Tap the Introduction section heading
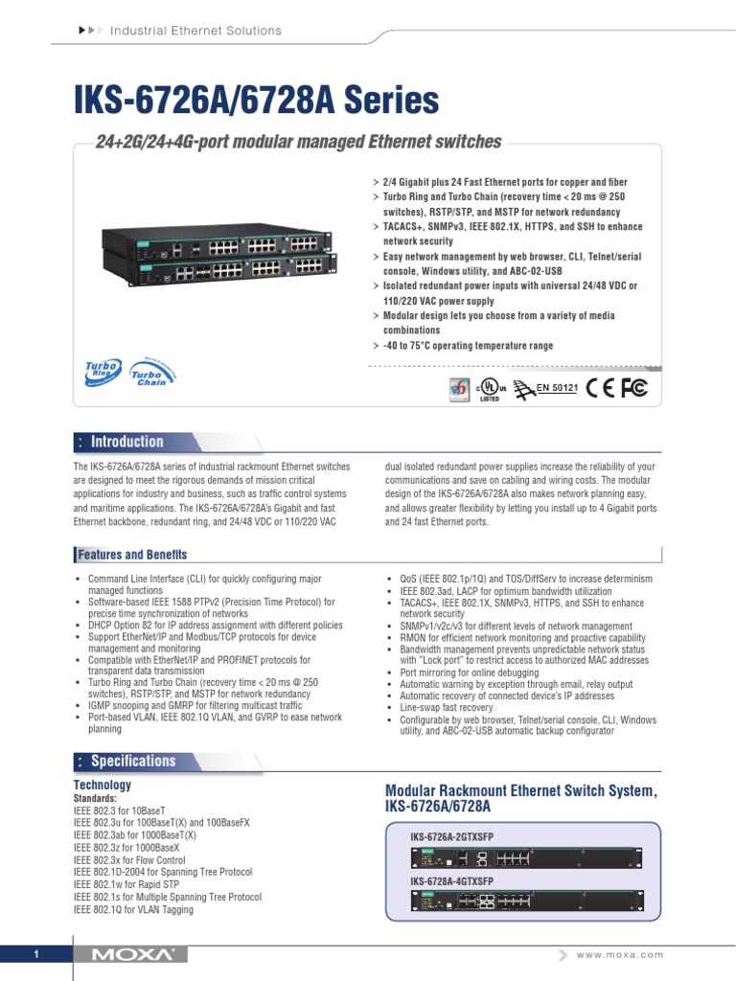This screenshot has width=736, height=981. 126,442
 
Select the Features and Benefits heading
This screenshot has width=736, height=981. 132,555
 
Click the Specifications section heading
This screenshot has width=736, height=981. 132,761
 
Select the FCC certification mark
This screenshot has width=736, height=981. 634,387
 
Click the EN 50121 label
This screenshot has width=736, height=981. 556,388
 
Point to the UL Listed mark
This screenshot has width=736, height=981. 490,389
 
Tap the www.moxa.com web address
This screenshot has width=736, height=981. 620,955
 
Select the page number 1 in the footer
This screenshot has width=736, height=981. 35,955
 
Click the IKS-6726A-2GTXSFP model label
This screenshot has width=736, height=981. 451,836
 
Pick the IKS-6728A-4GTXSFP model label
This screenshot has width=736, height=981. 451,880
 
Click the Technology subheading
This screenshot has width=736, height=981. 103,785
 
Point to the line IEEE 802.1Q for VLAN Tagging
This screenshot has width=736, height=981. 133,909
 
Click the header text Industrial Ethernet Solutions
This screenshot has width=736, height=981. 195,31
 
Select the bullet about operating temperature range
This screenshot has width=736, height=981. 468,346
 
